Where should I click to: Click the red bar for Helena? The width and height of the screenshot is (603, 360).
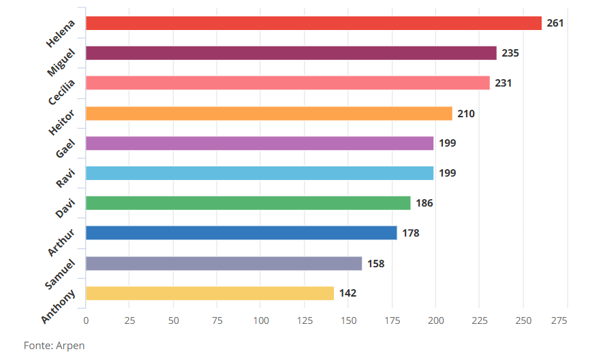point(313,23)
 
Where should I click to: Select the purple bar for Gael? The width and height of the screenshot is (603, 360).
point(260,143)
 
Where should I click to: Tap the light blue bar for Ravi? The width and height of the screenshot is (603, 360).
point(260,173)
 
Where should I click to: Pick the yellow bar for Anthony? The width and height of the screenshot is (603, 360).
point(210,293)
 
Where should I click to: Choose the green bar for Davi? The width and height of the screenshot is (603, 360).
point(248,203)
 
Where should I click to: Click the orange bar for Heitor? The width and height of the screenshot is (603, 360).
point(269,113)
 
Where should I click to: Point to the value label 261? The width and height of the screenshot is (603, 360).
point(555,23)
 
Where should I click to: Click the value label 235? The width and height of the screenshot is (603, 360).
point(510,53)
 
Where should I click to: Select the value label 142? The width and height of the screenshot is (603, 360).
point(347,293)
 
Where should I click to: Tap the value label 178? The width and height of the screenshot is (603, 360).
point(411,233)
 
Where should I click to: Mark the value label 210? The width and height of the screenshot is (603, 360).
point(466,113)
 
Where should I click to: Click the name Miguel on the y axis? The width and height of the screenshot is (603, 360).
point(61,62)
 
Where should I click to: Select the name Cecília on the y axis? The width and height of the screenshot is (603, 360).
point(62,92)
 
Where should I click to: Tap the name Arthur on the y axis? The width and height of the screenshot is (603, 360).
point(61,242)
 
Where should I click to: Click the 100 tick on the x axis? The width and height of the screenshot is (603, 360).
point(261,320)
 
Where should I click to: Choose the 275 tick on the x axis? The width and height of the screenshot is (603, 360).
point(559,320)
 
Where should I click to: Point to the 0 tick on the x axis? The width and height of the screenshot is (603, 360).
point(86,320)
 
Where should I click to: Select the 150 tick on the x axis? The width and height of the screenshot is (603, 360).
point(348,320)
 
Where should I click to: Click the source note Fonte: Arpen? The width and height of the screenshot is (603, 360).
point(55,345)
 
